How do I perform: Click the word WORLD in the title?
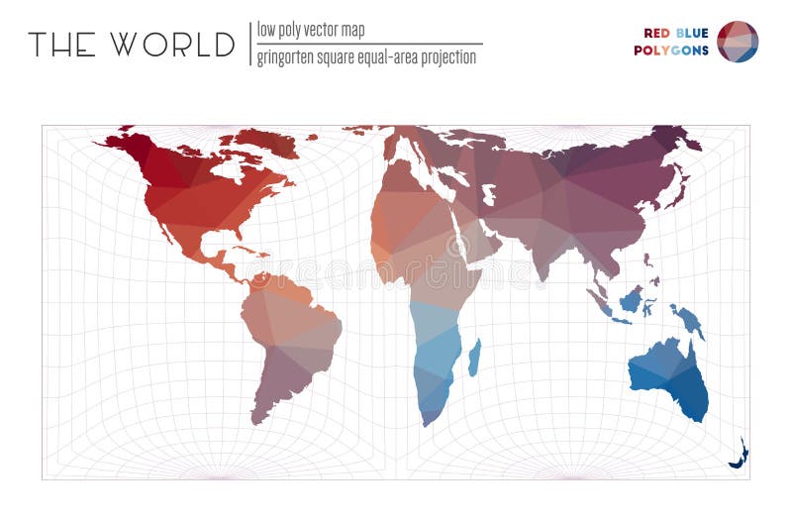172,45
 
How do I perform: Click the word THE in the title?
61,45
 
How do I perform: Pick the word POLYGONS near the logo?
671,50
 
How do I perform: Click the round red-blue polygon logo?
738,42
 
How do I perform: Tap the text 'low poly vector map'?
310,30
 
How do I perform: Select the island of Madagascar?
474,358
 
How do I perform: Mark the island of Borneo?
630,297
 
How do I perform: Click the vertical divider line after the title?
249,45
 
